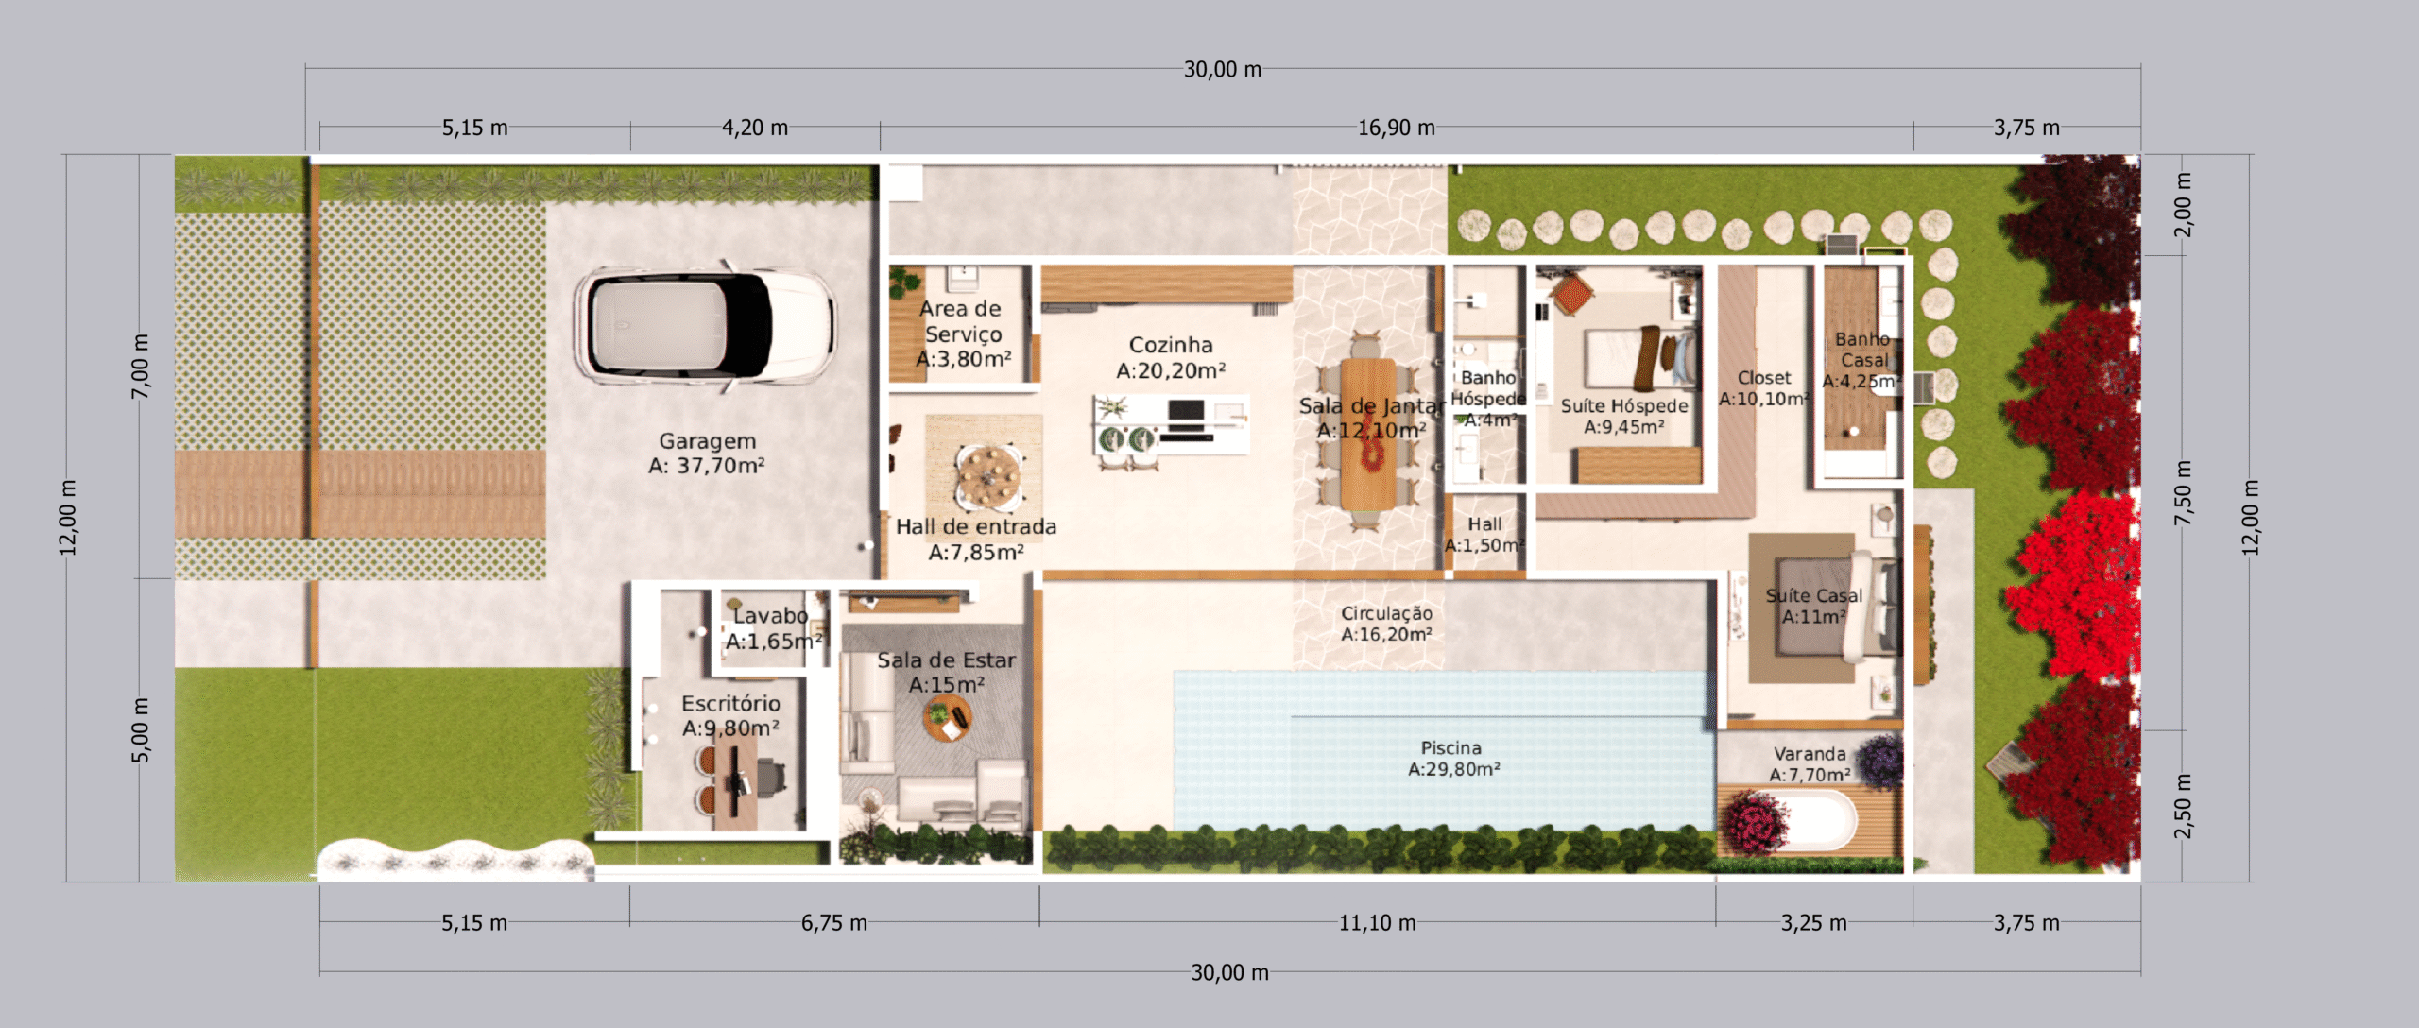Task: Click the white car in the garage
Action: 704,326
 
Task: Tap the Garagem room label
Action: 707,453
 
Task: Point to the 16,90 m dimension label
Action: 1396,128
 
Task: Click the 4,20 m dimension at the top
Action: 755,128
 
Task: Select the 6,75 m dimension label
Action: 833,922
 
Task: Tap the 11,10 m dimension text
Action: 1377,922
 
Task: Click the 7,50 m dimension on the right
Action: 2183,493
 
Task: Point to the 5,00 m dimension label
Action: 140,730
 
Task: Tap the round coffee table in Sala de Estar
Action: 947,718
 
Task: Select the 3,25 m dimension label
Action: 1813,922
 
